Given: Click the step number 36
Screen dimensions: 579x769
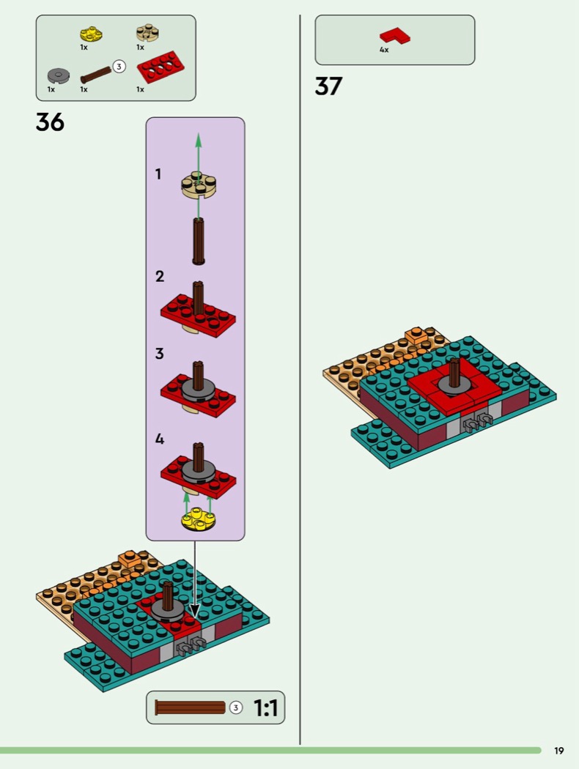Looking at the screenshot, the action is (x=50, y=122).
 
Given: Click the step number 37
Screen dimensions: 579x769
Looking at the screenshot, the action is (x=328, y=86).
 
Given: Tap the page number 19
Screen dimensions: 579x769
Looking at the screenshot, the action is (x=559, y=751).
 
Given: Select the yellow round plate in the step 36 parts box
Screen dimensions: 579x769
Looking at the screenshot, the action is (x=92, y=35).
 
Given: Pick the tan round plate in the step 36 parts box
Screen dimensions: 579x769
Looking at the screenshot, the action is (x=147, y=34).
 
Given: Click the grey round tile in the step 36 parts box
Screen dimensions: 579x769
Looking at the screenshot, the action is (x=59, y=76).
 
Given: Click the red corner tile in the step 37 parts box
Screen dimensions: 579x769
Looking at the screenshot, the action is (x=395, y=37).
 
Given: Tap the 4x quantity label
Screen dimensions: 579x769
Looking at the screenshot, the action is (x=384, y=50).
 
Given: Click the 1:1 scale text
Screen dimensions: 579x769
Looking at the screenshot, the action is (x=265, y=707).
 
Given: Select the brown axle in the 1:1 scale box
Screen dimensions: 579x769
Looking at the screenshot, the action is (x=190, y=707).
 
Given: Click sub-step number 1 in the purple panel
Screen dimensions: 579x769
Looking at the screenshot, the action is (x=158, y=174).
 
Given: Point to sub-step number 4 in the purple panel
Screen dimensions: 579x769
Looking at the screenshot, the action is (x=160, y=439).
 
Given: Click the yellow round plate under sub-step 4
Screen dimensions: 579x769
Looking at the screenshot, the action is (x=199, y=519).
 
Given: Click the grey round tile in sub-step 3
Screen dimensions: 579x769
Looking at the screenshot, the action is (x=198, y=390).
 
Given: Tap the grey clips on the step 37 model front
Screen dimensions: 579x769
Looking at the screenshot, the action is (x=477, y=423).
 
